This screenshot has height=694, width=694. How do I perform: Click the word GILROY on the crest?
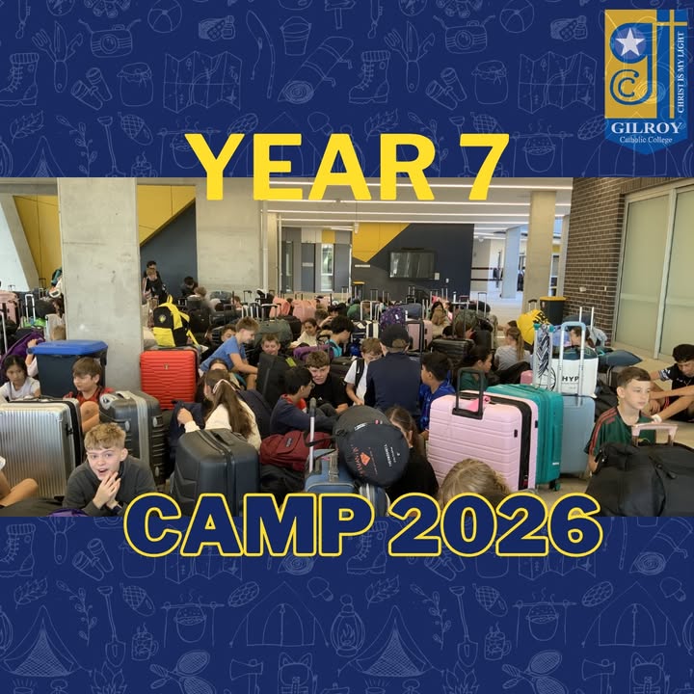pos(646,128)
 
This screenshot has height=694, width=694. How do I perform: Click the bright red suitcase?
pos(169,378)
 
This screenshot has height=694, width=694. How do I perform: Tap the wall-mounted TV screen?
pos(412,264)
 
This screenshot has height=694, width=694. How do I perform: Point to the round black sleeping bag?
pos(371,446)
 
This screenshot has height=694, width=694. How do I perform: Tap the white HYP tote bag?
pos(567,374)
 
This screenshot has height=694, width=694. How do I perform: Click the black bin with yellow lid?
pos(552,309)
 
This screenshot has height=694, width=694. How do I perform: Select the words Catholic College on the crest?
pos(646,140)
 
